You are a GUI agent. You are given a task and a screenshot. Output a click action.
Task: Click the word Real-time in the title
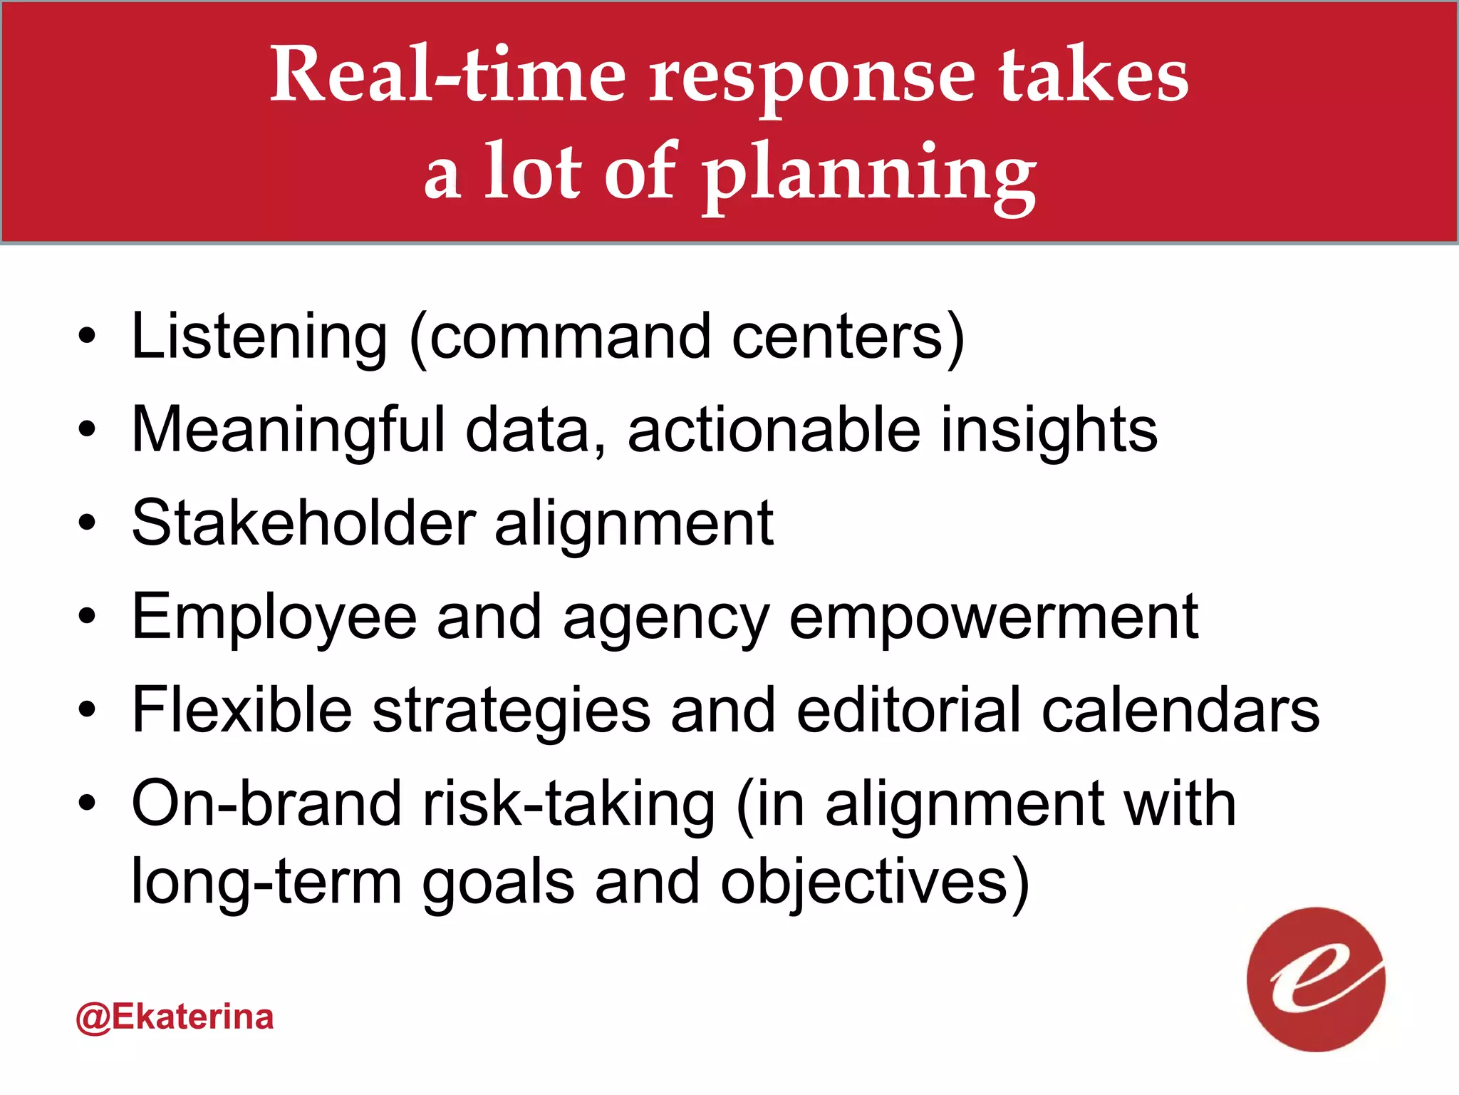pyautogui.click(x=447, y=75)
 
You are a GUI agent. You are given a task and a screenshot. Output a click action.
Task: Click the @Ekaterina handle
pyautogui.click(x=175, y=1017)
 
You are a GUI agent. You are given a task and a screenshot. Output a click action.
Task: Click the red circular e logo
pyautogui.click(x=1315, y=980)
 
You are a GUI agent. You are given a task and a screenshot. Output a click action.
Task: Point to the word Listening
pyautogui.click(x=259, y=336)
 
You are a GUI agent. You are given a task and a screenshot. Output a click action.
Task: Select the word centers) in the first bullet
pyautogui.click(x=848, y=336)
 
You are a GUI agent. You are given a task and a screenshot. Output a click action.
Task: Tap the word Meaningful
pyautogui.click(x=288, y=430)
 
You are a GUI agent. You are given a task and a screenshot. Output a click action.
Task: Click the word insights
pyautogui.click(x=1049, y=430)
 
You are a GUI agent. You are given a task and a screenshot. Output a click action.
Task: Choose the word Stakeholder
pyautogui.click(x=303, y=523)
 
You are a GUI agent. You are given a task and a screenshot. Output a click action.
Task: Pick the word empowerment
pyautogui.click(x=994, y=617)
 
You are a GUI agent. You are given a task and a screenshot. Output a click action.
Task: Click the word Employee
pyautogui.click(x=274, y=617)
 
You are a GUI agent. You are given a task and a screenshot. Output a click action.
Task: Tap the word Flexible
pyautogui.click(x=242, y=710)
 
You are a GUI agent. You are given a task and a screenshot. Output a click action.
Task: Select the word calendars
pyautogui.click(x=1180, y=710)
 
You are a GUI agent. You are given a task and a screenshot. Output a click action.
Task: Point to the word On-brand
pyautogui.click(x=267, y=804)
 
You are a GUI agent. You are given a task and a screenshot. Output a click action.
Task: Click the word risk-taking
pyautogui.click(x=568, y=804)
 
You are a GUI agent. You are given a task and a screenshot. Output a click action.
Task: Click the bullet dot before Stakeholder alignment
pyautogui.click(x=87, y=523)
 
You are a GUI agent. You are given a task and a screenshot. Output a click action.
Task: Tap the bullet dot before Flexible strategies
pyautogui.click(x=87, y=710)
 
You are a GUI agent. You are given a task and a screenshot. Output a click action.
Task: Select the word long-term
pyautogui.click(x=267, y=883)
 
